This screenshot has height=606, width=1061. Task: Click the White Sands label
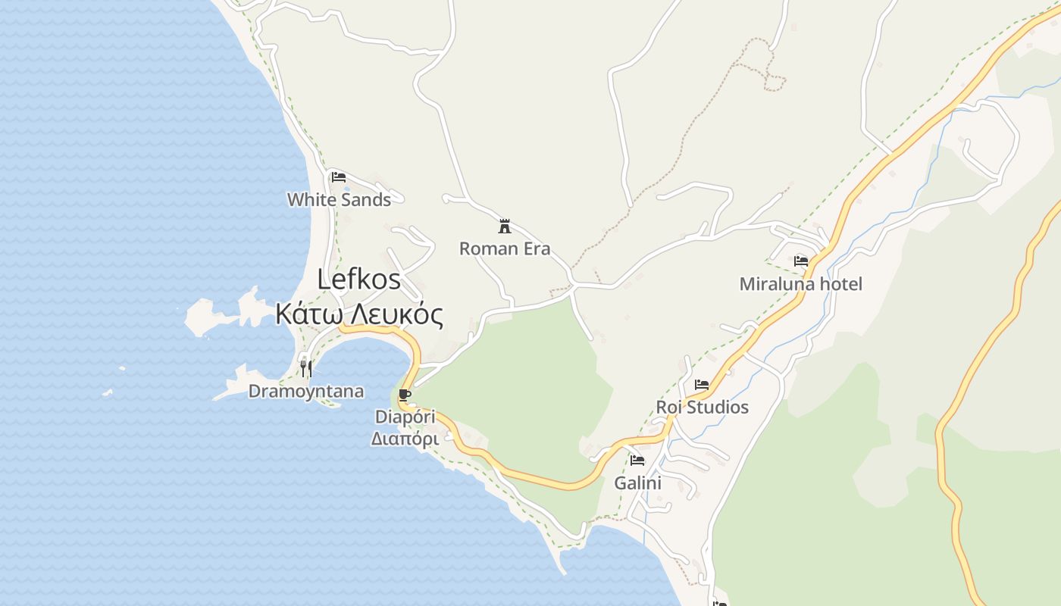339,200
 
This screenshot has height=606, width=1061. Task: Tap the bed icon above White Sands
339,177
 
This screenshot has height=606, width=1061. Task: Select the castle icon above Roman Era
505,226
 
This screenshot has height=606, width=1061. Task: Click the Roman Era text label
505,248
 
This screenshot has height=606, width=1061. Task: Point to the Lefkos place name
358,279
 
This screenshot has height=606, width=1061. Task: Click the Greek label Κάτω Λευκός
358,313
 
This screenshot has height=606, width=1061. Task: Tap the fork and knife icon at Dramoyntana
306,369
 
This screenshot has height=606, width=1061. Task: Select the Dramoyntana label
306,392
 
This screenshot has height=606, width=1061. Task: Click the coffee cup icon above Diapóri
405,395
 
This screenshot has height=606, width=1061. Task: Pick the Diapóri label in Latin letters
405,417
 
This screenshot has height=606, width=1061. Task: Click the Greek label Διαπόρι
405,439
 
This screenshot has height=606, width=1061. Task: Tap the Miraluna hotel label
801,284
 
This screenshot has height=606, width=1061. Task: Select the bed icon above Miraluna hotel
801,261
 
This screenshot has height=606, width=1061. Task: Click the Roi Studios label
702,408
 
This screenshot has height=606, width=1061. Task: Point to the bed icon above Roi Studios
702,385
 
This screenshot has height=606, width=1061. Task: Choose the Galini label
637,483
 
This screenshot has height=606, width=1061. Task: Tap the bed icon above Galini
637,460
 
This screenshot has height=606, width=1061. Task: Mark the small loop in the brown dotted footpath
775,82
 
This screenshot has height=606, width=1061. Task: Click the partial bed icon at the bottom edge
720,603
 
